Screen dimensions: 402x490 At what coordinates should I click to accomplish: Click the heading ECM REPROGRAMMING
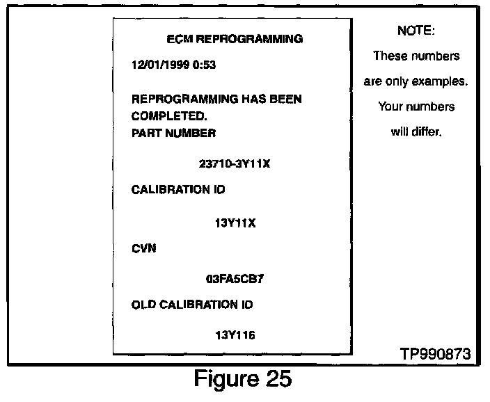click(x=236, y=39)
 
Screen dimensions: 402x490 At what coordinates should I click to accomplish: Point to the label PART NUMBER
click(x=173, y=132)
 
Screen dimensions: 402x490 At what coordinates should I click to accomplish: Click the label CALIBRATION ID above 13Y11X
click(x=178, y=189)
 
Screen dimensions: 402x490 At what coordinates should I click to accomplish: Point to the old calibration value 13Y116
click(x=235, y=335)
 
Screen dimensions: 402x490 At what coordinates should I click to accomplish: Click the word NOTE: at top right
click(x=416, y=31)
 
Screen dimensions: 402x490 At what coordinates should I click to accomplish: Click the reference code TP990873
click(x=435, y=354)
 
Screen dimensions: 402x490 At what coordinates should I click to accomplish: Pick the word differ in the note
click(x=427, y=132)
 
